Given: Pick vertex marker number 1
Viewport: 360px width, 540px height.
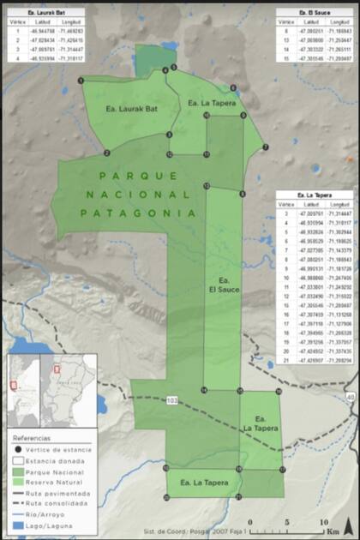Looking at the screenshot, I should [81, 80].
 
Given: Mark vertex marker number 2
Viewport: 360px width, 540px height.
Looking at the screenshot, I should [106, 153].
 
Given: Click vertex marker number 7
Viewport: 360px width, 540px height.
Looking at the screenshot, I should [266, 147].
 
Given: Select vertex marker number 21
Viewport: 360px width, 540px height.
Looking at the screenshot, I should [237, 497].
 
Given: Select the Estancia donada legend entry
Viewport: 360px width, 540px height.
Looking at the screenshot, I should [52, 460].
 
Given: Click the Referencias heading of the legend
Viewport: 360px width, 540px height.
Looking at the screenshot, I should [33, 437].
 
